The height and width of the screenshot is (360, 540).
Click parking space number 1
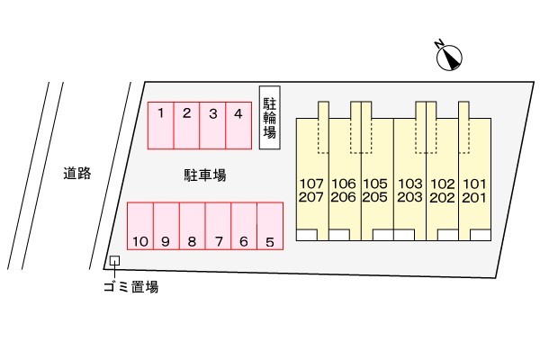tap(160, 126)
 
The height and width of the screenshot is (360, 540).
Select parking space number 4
tap(238, 126)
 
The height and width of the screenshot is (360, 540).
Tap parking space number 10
tap(140, 226)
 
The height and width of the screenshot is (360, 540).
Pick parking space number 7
tap(218, 226)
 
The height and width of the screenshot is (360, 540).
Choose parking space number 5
tap(270, 226)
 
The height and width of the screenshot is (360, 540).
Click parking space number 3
tap(212, 126)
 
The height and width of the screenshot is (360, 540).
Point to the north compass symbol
tap(449, 58)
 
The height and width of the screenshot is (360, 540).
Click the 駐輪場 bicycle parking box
tap(270, 118)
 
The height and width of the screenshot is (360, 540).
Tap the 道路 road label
tap(77, 173)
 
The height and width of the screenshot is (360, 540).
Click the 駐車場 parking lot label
tap(205, 175)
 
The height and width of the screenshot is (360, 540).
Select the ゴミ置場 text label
tap(131, 286)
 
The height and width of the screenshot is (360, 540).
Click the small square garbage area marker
tap(114, 261)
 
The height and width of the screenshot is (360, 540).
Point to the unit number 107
tap(311, 184)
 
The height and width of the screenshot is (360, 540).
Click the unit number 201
tap(474, 197)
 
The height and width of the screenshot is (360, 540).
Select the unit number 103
tap(409, 184)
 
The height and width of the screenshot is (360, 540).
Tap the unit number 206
tap(344, 197)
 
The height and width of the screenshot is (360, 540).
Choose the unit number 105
tap(375, 184)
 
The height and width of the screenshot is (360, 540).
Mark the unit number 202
tap(442, 197)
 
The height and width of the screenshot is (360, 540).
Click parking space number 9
tap(166, 226)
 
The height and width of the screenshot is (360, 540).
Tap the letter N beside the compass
tap(439, 44)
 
